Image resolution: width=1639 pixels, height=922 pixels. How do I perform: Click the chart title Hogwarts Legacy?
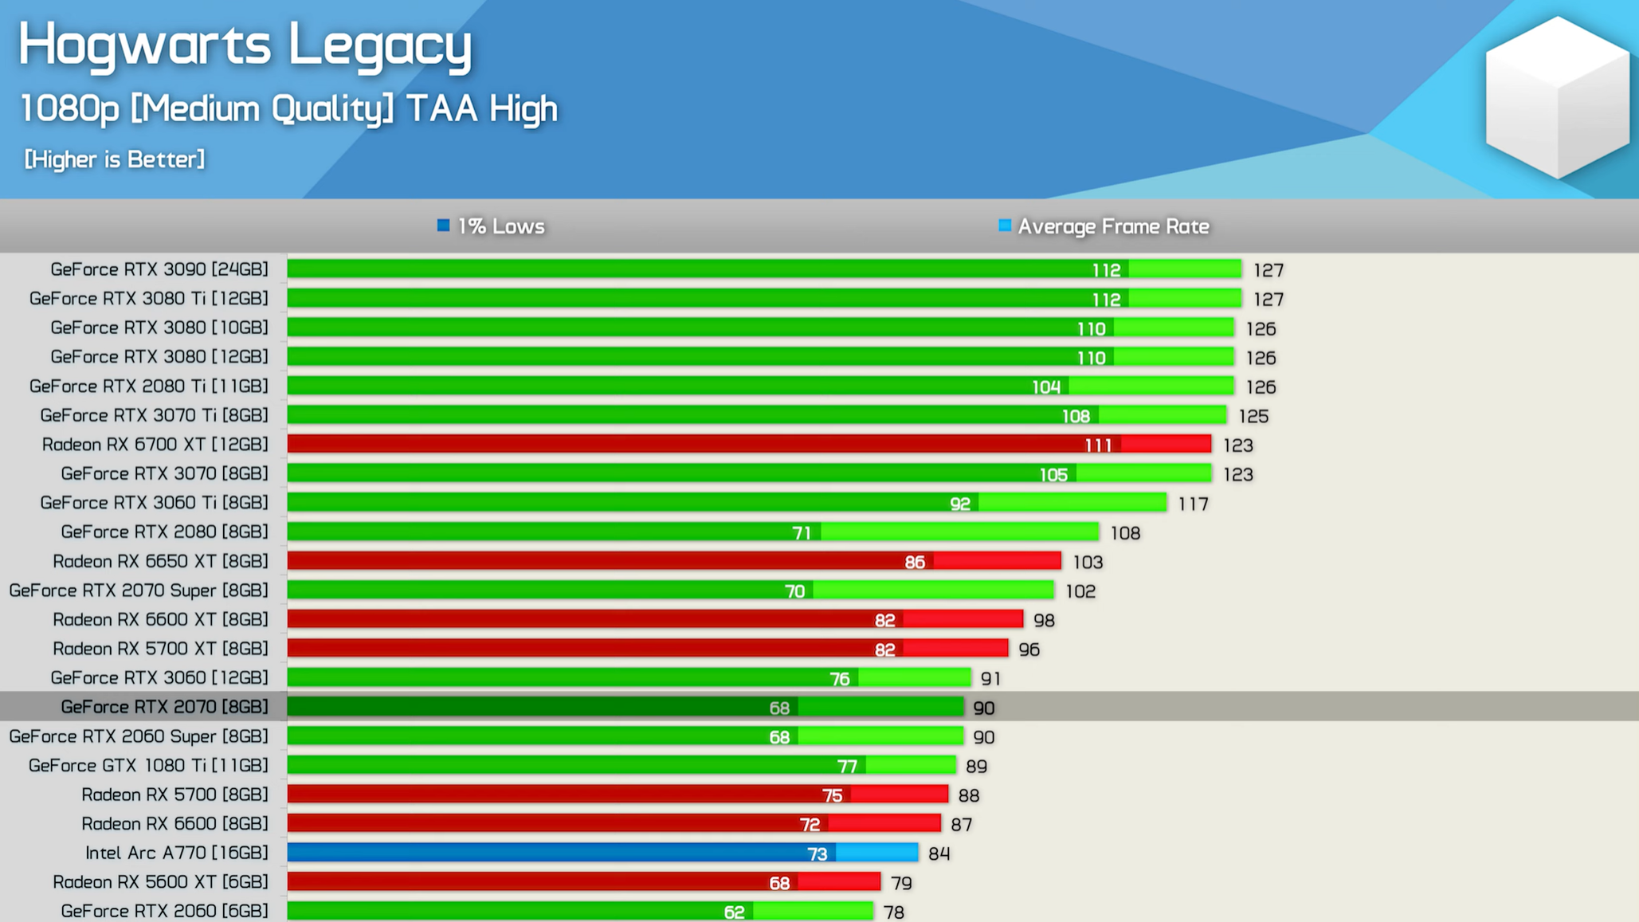pyautogui.click(x=245, y=45)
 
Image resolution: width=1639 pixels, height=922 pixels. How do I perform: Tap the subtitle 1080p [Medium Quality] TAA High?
pyautogui.click(x=288, y=109)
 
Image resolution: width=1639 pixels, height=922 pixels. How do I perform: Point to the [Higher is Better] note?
pyautogui.click(x=114, y=159)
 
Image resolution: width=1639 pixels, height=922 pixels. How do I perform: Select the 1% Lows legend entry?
pyautogui.click(x=491, y=226)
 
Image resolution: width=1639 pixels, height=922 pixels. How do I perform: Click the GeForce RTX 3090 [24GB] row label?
pyautogui.click(x=159, y=269)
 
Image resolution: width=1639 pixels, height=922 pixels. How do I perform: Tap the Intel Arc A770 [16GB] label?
pyautogui.click(x=176, y=853)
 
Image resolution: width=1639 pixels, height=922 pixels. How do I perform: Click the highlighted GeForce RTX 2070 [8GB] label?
pyautogui.click(x=164, y=707)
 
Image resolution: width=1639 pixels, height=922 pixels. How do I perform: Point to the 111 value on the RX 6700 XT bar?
pyautogui.click(x=1098, y=445)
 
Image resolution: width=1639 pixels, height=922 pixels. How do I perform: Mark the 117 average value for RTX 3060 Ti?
pyautogui.click(x=1193, y=504)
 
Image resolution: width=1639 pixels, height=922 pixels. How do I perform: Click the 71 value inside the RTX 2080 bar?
pyautogui.click(x=802, y=532)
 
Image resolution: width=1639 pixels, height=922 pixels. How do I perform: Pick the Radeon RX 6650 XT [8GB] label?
pyautogui.click(x=160, y=561)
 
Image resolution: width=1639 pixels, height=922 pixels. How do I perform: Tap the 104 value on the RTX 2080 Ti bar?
pyautogui.click(x=1045, y=386)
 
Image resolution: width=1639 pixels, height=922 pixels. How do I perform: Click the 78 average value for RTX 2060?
pyautogui.click(x=893, y=912)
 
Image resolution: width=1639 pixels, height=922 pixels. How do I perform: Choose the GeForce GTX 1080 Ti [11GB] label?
pyautogui.click(x=148, y=765)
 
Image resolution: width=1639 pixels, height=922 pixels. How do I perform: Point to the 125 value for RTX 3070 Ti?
pyautogui.click(x=1253, y=416)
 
